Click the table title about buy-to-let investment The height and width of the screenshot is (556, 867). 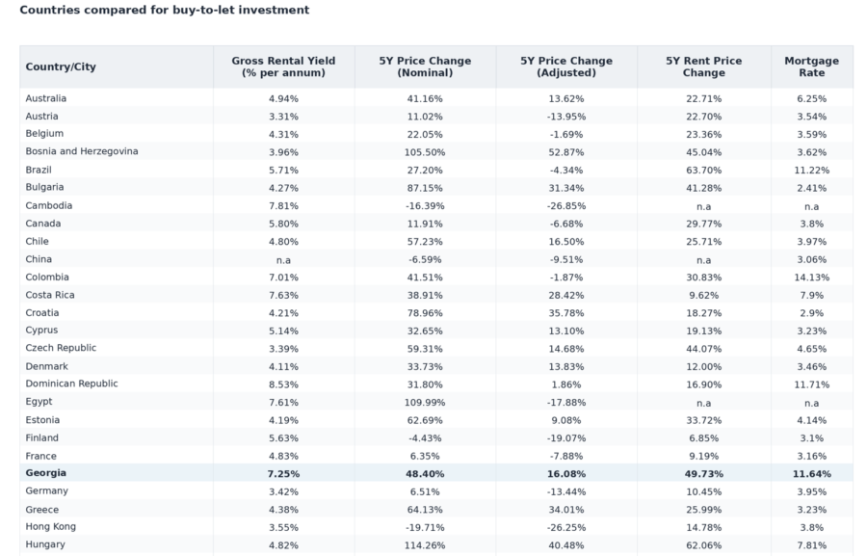(164, 10)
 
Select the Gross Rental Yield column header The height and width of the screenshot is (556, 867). (283, 66)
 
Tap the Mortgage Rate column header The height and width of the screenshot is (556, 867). (811, 66)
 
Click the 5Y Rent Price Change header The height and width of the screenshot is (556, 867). (703, 66)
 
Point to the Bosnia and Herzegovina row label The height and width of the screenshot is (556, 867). (82, 151)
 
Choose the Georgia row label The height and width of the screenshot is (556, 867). (46, 473)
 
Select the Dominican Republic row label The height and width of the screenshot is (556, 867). (71, 384)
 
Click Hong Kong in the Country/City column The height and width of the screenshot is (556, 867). (50, 527)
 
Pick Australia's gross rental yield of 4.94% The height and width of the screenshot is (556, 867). (283, 98)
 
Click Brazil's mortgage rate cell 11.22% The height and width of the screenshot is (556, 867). (811, 170)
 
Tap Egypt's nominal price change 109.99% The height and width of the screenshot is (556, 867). (425, 402)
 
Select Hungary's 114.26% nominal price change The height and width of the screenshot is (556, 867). (425, 545)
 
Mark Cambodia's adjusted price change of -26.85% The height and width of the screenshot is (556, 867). (566, 206)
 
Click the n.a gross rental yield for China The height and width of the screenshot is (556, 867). (283, 259)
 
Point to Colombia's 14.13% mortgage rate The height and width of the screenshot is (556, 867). (811, 278)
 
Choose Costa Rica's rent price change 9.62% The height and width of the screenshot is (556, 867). (703, 295)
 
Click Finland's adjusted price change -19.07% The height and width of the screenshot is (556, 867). (566, 437)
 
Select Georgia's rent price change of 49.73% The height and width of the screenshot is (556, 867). (703, 473)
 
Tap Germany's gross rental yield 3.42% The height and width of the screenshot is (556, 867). (283, 491)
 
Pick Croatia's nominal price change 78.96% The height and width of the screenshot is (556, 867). (425, 312)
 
